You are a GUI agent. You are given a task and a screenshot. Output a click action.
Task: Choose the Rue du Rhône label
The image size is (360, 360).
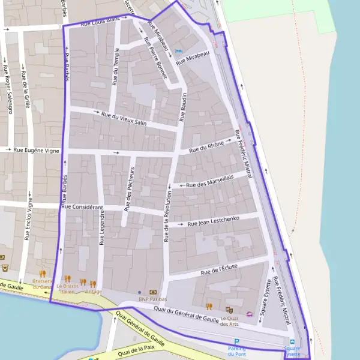pyautogui.click(x=206, y=147)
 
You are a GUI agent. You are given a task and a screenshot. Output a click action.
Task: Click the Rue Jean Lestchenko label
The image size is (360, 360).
pyautogui.click(x=214, y=221)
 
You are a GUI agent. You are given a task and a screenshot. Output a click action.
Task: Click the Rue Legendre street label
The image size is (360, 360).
pyautogui.click(x=102, y=227)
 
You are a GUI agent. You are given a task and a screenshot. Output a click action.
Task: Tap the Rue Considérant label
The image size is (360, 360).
pyautogui.click(x=86, y=206)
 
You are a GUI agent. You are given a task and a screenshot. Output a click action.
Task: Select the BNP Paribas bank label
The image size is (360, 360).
pyautogui.click(x=152, y=299)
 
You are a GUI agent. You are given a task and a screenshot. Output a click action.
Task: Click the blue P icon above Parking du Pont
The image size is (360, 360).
pyautogui.click(x=236, y=341)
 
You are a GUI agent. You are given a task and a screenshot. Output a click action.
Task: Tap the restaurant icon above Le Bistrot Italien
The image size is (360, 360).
pyautogui.click(x=67, y=278)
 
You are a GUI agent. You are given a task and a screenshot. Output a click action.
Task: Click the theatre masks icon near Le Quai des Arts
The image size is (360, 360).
pyautogui.click(x=229, y=309)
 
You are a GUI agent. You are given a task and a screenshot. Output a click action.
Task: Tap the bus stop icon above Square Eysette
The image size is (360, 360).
pyautogui.click(x=292, y=341)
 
